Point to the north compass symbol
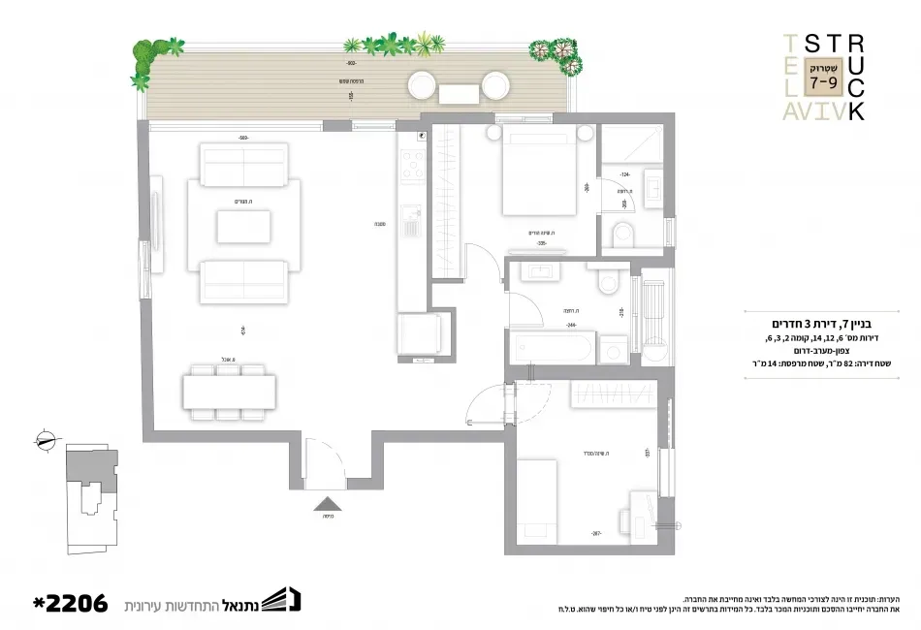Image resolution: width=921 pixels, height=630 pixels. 44,440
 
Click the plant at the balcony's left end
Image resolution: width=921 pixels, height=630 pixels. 143,62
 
